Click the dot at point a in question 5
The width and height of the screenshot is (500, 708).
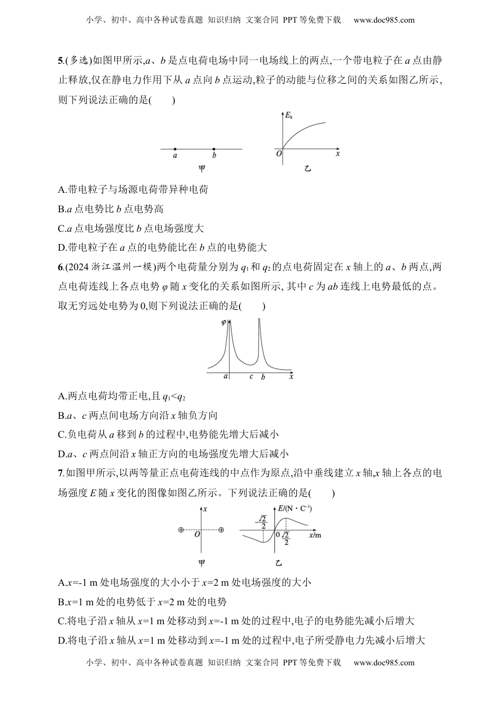175,149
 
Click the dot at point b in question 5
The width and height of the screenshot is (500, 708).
214,149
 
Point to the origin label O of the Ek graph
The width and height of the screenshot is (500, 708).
279,153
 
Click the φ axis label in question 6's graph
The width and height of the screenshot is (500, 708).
224,322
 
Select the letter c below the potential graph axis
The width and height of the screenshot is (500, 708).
251,377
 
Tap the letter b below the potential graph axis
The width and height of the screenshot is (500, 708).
263,377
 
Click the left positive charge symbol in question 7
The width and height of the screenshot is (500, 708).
181,529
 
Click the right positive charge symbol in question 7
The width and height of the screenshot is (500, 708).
221,529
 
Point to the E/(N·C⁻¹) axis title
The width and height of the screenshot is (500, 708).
296,508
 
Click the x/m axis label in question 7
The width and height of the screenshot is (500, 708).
315,535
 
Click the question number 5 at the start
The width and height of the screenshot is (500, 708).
61,61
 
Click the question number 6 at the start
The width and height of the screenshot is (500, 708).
61,267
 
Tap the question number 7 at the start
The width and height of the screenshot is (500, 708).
61,474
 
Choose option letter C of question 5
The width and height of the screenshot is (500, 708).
62,228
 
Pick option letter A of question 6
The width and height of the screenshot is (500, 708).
62,396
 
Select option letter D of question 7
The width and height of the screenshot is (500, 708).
62,641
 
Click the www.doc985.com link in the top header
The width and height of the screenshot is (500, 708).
384,20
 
